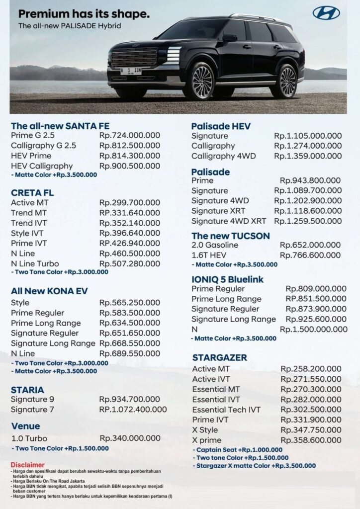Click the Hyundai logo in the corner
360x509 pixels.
click(326, 13)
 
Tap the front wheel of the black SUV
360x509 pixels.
click(201, 82)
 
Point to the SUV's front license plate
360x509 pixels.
click(132, 71)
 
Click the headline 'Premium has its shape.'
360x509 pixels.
click(84, 14)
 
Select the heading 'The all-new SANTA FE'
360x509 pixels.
click(60, 126)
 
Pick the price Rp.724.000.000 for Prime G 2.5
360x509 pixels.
click(130, 136)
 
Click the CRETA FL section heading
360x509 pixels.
click(32, 192)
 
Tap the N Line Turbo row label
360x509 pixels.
click(35, 263)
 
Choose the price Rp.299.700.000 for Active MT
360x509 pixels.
click(130, 203)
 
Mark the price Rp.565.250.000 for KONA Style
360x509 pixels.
click(130, 303)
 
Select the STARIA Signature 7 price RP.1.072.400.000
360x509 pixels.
click(133, 410)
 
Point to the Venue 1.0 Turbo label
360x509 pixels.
click(30, 438)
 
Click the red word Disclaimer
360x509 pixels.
click(27, 465)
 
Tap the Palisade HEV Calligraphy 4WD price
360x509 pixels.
click(308, 156)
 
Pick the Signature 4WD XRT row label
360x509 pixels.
click(229, 221)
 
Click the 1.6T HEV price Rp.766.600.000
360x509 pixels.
click(310, 255)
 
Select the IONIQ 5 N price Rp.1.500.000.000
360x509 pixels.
click(313, 329)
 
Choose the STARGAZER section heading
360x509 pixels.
click(219, 357)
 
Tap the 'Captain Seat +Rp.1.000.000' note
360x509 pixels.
click(239, 450)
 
